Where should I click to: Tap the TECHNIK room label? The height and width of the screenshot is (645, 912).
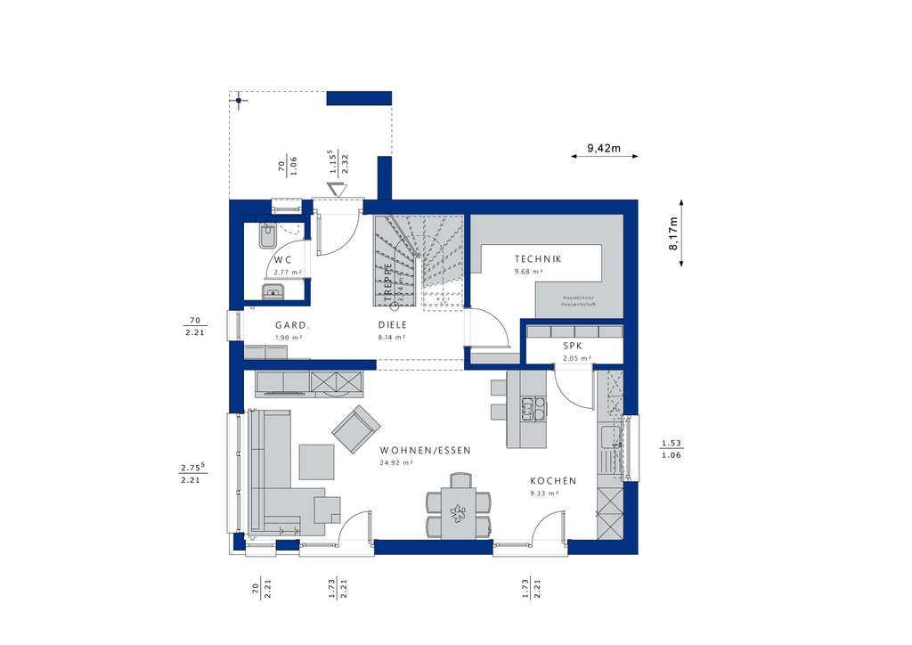pyautogui.click(x=538, y=259)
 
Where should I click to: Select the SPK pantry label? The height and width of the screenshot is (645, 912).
pyautogui.click(x=573, y=346)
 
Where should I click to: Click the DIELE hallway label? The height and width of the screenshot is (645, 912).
pyautogui.click(x=392, y=325)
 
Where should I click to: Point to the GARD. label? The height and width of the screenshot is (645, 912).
pyautogui.click(x=291, y=325)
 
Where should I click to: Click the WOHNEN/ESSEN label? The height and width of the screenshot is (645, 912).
pyautogui.click(x=424, y=451)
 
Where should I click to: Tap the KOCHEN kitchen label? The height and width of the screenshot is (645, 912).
pyautogui.click(x=553, y=481)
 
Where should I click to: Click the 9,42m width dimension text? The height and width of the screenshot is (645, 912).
pyautogui.click(x=604, y=148)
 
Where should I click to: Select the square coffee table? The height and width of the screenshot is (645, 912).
pyautogui.click(x=316, y=461)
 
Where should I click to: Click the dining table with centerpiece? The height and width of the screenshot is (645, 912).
pyautogui.click(x=459, y=514)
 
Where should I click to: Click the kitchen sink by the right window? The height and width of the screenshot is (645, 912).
pyautogui.click(x=610, y=438)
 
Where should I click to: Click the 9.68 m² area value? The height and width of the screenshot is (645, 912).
pyautogui.click(x=527, y=271)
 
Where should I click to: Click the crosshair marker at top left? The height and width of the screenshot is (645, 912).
pyautogui.click(x=239, y=101)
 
